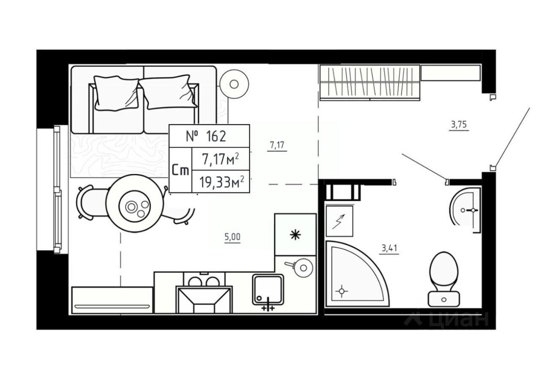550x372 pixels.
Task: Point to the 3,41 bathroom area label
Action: coord(390,248)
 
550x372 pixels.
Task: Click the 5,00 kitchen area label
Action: coord(232,237)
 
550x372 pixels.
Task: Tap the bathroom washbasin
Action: coord(466,210)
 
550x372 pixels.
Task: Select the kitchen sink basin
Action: coord(268,289)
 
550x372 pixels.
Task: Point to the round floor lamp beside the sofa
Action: coord(234,84)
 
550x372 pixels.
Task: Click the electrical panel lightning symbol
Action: coord(339,221)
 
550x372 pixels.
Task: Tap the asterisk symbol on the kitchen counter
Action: coord(295,235)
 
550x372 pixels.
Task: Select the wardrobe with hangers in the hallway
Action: coord(370,82)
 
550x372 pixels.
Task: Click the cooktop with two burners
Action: coord(204,281)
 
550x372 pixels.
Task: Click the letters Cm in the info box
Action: coord(180,170)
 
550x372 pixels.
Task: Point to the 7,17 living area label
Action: coord(277,146)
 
